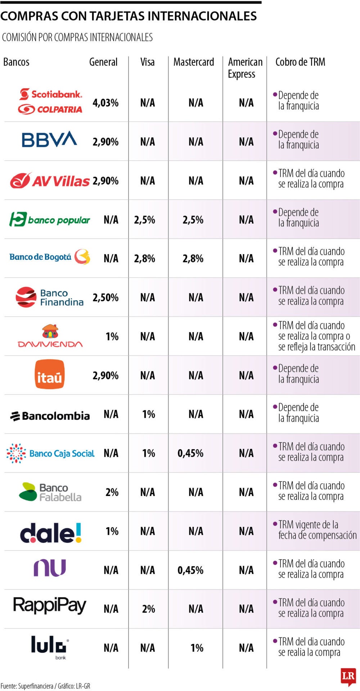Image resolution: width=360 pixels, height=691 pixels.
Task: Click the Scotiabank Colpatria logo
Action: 50,101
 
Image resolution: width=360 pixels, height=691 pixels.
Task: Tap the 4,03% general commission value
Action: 105,103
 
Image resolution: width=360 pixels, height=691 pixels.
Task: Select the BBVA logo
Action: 49,140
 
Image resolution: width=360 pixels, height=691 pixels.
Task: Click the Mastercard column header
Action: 194,62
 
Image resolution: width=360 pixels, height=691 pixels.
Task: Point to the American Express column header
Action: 245,68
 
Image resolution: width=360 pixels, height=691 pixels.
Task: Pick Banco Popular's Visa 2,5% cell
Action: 145,220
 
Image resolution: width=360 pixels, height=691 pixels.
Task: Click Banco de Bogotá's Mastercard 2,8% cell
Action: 193,259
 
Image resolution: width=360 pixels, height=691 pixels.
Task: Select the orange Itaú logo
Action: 50,375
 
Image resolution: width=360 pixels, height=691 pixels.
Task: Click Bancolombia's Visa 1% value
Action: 149,414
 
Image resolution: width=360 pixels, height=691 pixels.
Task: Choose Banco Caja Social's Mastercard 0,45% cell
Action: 190,453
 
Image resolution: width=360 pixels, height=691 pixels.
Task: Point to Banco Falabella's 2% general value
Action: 112,492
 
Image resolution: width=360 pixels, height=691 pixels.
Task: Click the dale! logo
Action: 51,533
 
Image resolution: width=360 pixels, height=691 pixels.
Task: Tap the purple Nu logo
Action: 50,568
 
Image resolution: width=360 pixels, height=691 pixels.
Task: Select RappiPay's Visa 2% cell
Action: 148,609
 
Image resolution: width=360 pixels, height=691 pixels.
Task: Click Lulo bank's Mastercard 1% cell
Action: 197,648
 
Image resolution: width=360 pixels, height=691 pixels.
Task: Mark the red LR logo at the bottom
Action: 348,677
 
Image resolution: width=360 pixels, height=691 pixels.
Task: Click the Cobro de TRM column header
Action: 300,62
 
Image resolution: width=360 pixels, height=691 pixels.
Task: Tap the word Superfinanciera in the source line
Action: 36,686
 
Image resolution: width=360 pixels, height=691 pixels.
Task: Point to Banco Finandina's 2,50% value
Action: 105,298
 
